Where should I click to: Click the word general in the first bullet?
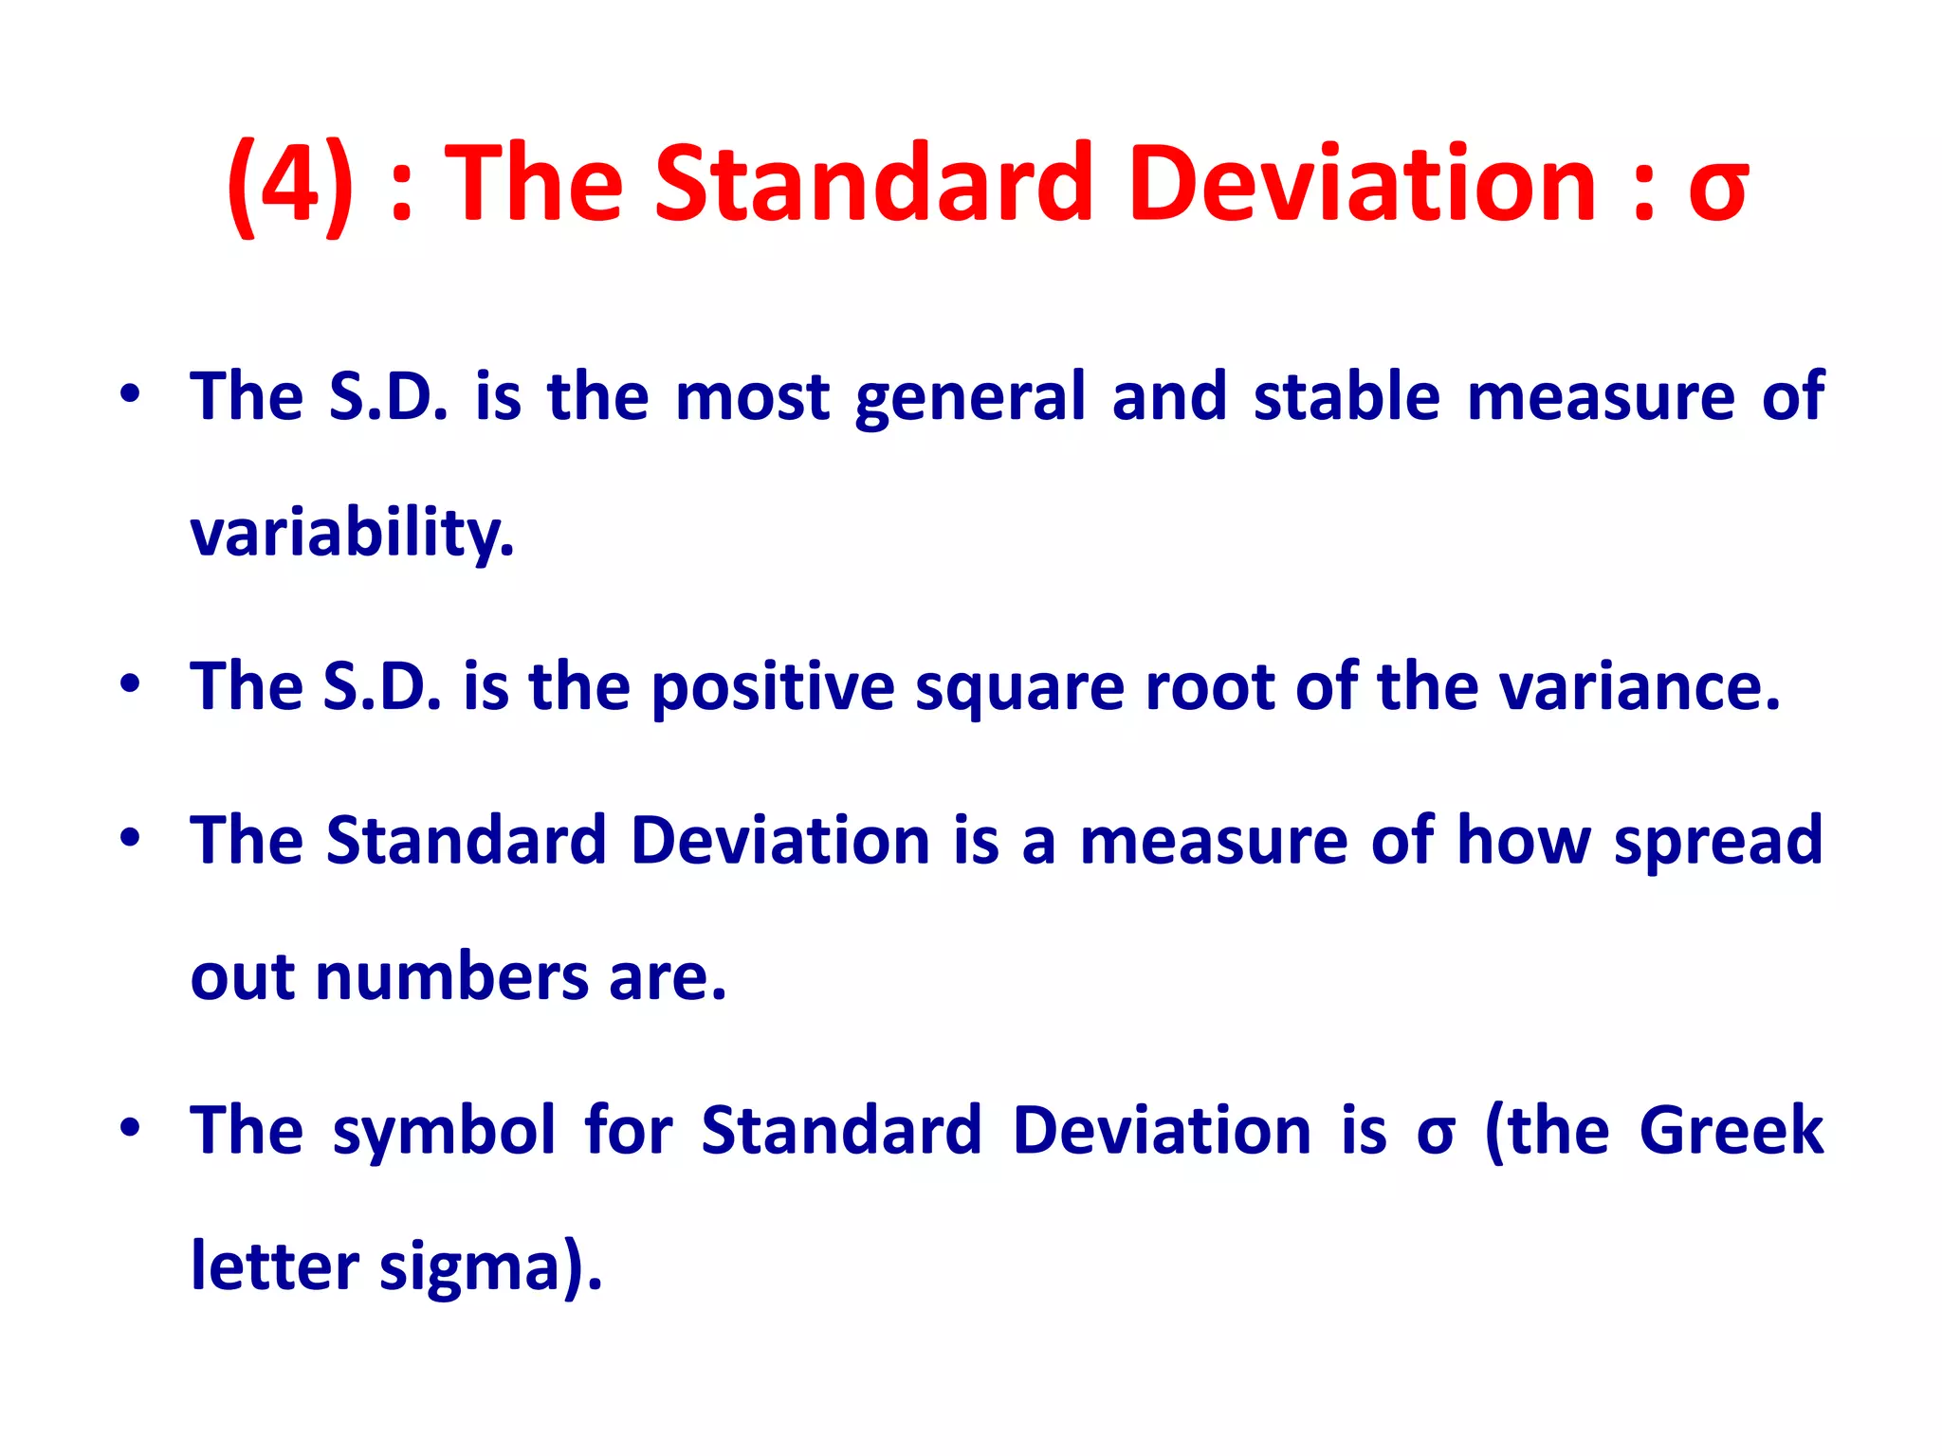(969, 398)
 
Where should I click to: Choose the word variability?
(352, 534)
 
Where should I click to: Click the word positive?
(773, 687)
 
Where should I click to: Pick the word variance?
(1640, 687)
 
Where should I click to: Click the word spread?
(1718, 842)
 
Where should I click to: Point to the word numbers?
(451, 978)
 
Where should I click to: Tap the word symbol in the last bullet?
(444, 1132)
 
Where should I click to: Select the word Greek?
(1731, 1130)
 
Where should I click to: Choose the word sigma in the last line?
(489, 1268)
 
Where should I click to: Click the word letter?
(275, 1266)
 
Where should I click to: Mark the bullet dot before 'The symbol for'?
(131, 1128)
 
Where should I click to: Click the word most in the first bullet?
(752, 397)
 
